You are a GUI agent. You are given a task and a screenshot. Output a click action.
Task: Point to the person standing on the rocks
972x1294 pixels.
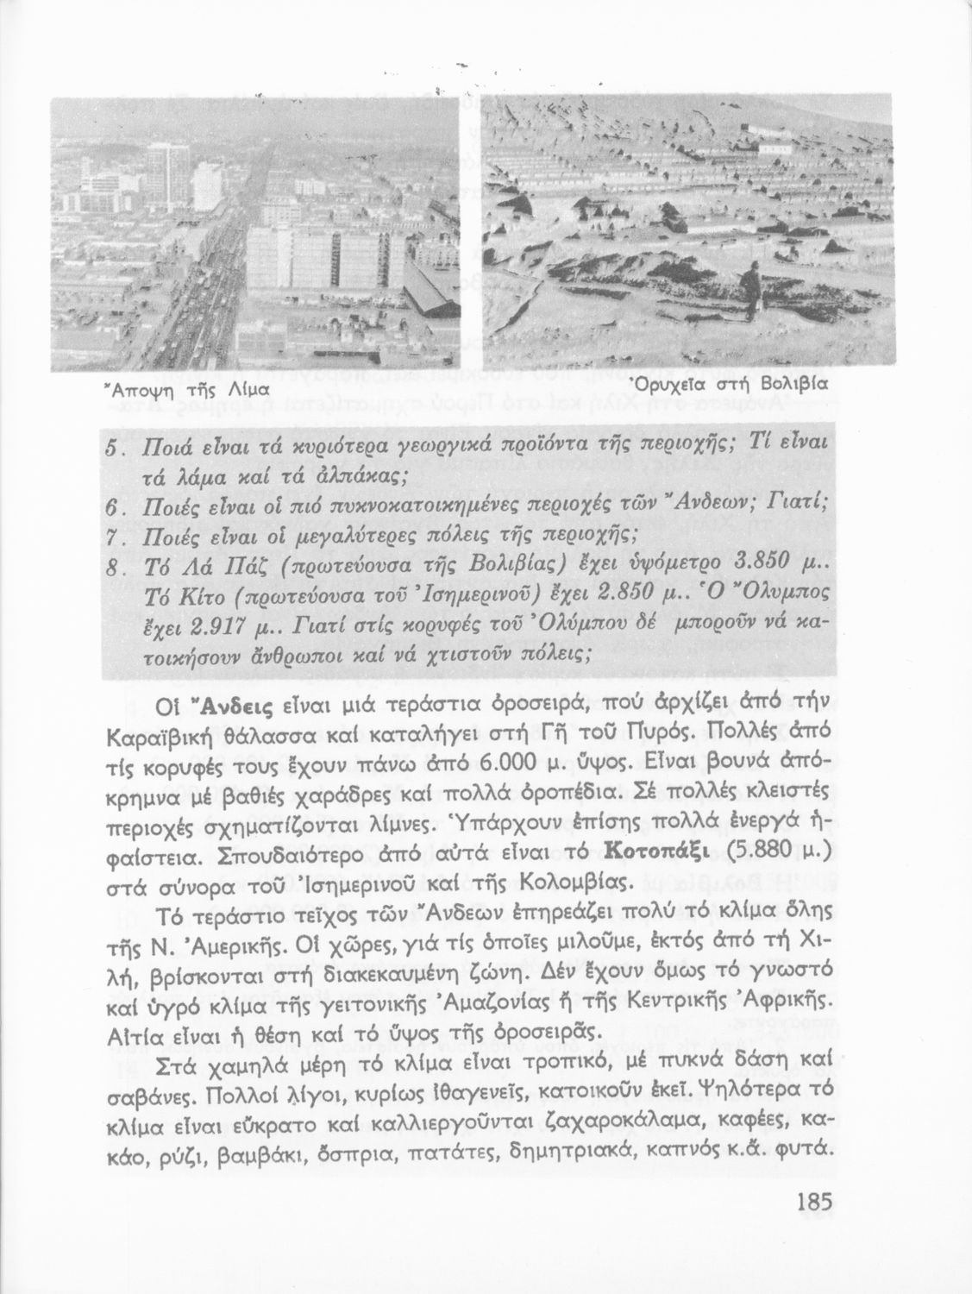point(753,289)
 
